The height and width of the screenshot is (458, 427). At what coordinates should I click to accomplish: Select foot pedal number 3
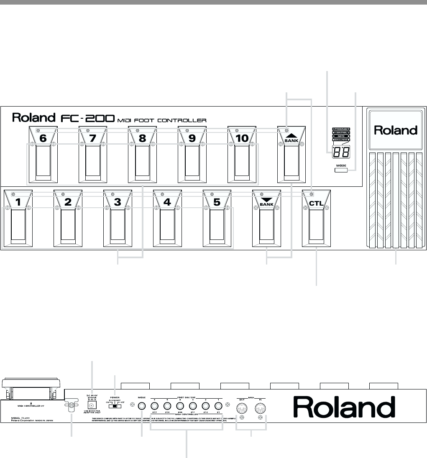(x=117, y=221)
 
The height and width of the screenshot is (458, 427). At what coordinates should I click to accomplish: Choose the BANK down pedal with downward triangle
(x=266, y=221)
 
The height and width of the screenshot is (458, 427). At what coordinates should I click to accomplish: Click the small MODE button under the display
(x=341, y=170)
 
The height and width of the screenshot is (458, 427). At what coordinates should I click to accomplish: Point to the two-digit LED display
(x=341, y=153)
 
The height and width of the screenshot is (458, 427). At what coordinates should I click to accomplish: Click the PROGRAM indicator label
(x=341, y=129)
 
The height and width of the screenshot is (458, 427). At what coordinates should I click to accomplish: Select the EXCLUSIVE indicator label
(x=341, y=140)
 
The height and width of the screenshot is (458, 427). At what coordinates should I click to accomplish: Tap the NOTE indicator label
(x=341, y=137)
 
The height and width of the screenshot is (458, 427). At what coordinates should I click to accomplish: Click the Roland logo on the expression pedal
(x=396, y=130)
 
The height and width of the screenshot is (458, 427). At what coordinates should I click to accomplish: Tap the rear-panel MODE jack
(x=142, y=406)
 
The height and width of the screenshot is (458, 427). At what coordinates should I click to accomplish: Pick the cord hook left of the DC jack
(x=70, y=406)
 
